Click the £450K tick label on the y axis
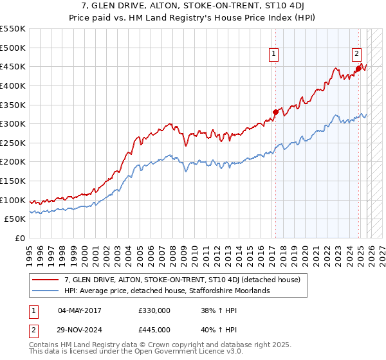coord(13,66)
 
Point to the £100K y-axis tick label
coord(13,200)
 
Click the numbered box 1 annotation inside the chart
coord(275,55)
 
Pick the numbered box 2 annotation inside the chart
coord(356,55)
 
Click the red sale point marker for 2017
coord(275,112)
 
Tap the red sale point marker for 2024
coord(358,68)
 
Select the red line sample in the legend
coord(46,280)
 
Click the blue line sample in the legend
coord(46,291)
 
